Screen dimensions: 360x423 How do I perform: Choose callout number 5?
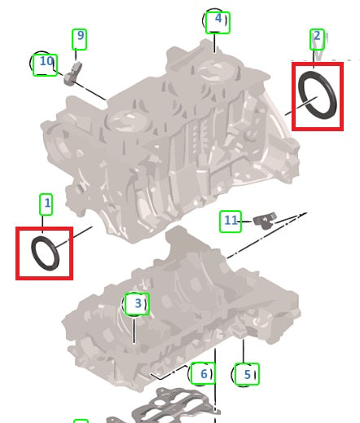coord(247,374)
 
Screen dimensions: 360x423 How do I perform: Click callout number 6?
coord(204,374)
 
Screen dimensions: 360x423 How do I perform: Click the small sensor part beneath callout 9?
coord(72,73)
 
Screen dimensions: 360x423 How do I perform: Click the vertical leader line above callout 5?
coord(244,351)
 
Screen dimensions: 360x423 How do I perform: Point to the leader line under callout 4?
coord(215,43)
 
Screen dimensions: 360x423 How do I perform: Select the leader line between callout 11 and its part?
coord(247,222)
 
